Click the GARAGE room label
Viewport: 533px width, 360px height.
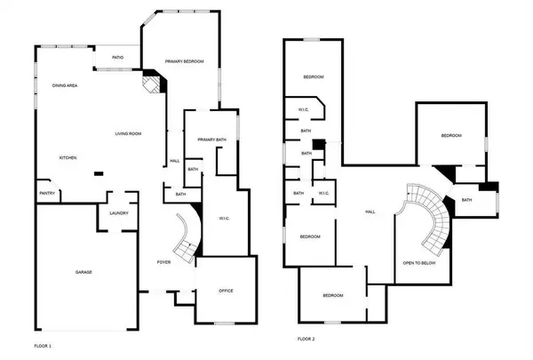(x=84, y=272)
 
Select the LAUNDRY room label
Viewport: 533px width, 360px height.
(x=119, y=212)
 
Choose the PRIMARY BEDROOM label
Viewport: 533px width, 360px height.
(x=185, y=61)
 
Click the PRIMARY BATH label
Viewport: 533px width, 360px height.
(x=212, y=140)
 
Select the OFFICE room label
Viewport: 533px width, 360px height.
(x=225, y=291)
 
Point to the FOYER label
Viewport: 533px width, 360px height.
(x=164, y=262)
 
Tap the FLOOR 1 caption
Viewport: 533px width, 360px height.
(x=44, y=344)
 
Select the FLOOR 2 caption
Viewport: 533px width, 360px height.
(x=306, y=339)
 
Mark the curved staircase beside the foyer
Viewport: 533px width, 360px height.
(x=187, y=235)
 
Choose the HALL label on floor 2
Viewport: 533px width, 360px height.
(x=370, y=212)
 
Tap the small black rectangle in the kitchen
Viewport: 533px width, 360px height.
(x=99, y=174)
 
